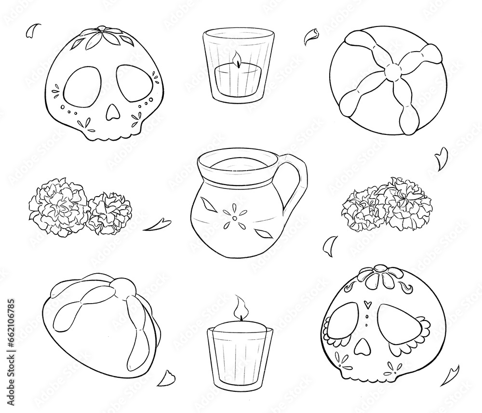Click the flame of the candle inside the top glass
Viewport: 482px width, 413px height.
pos(236,60)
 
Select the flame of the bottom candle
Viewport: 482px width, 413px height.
pos(240,306)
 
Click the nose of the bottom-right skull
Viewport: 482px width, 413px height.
pos(360,344)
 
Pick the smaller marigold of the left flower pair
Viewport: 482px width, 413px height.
pos(110,213)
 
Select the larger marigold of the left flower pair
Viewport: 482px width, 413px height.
pos(58,206)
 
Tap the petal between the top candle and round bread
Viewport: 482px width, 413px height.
pos(311,36)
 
